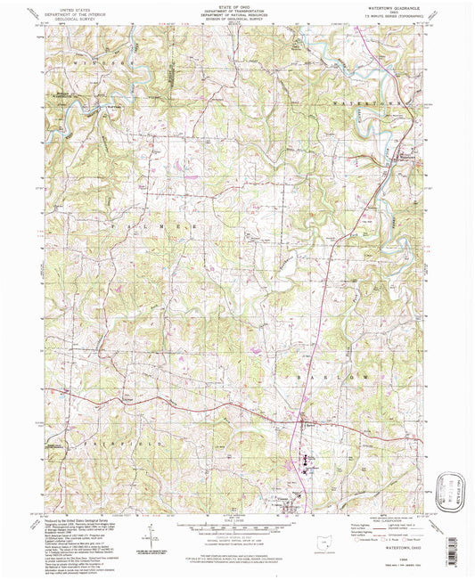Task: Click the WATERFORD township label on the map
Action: point(361,104)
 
